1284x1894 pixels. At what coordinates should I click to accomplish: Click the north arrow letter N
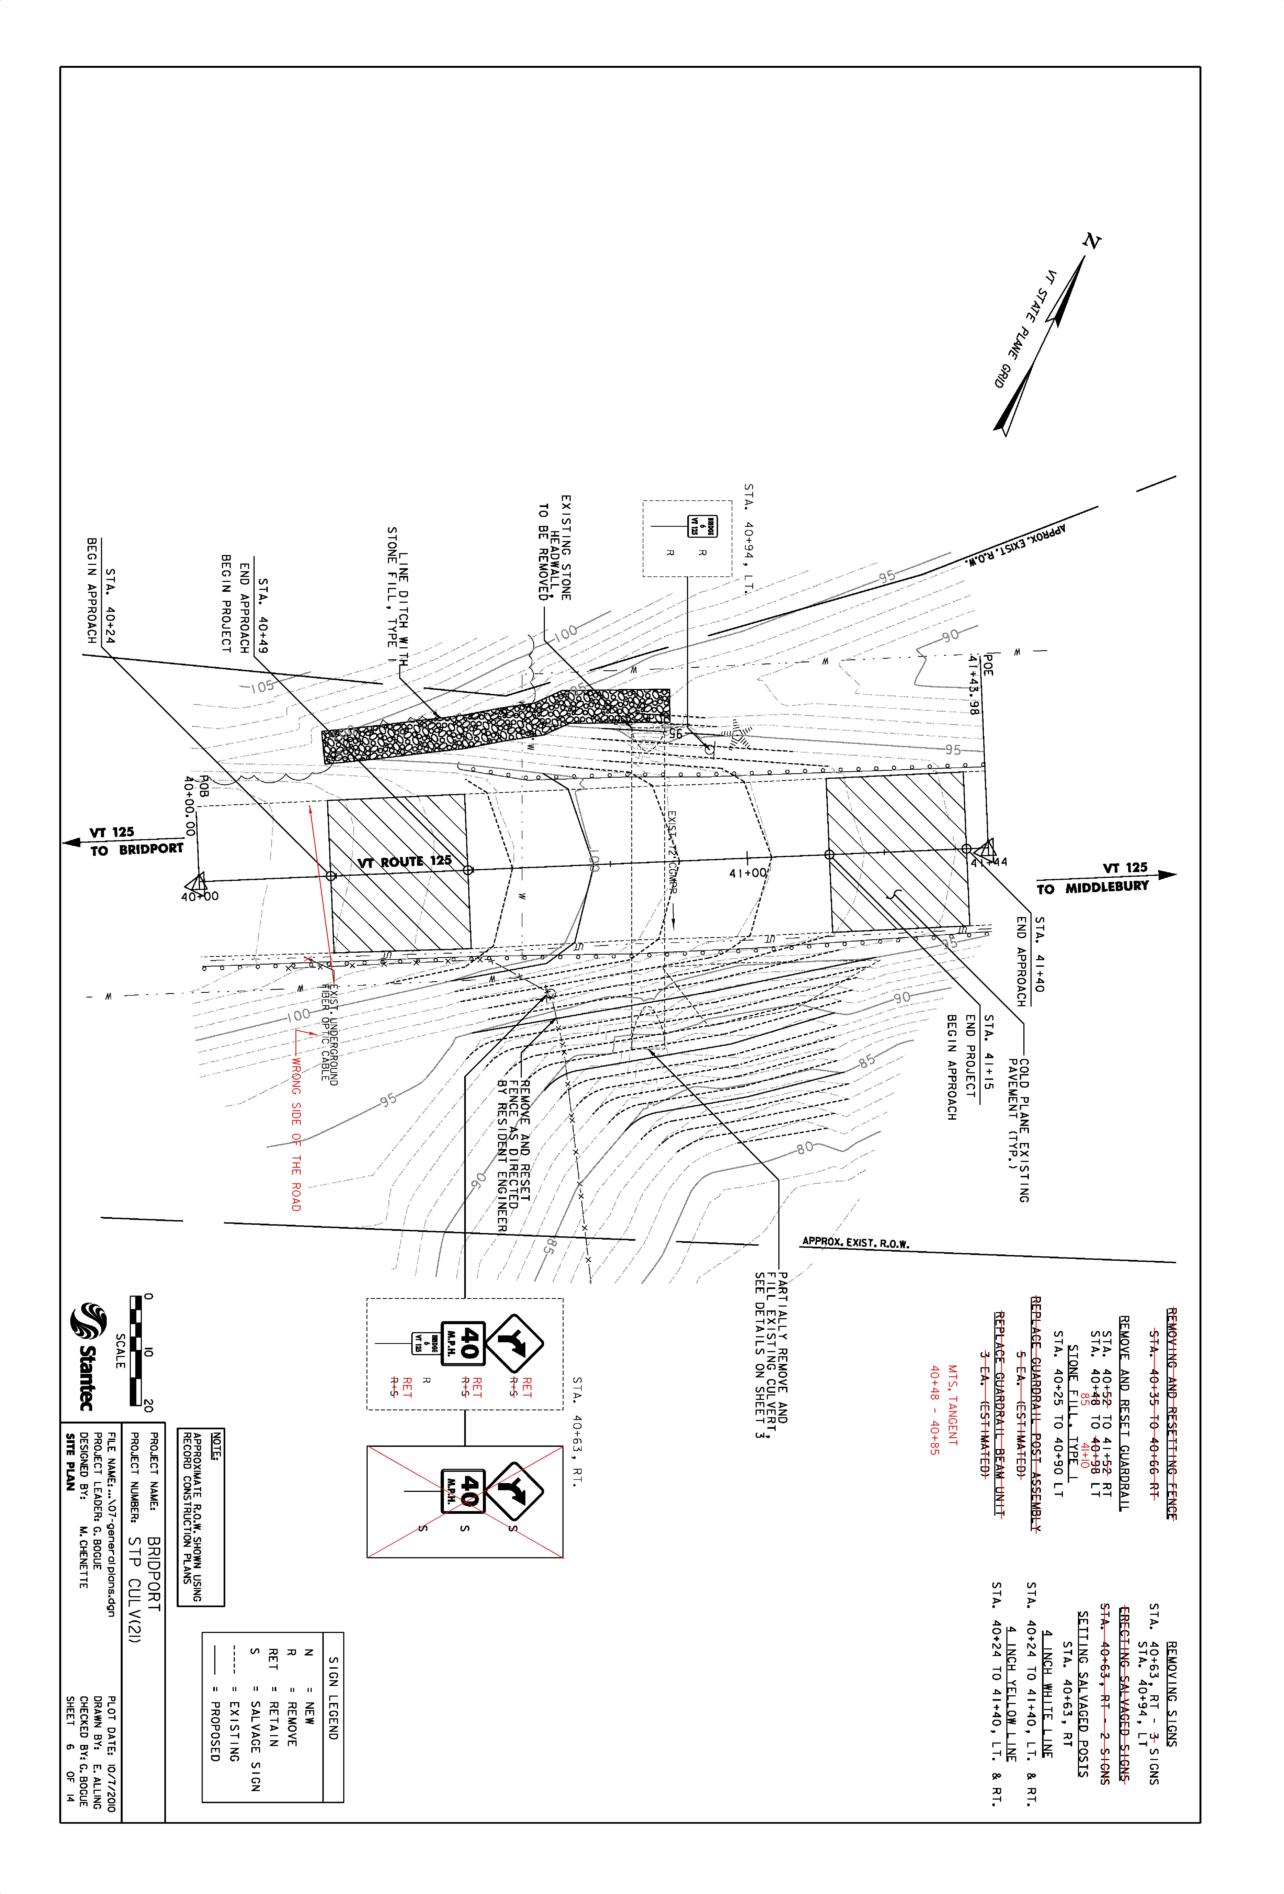[x=1092, y=241]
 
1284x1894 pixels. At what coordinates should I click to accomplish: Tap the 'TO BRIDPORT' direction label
[x=136, y=849]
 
